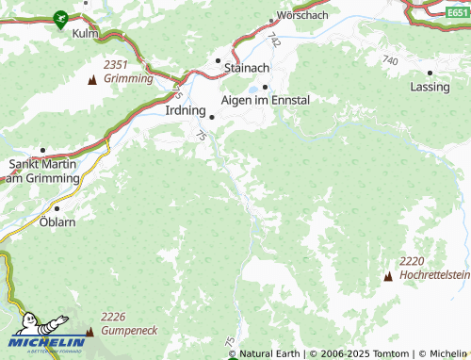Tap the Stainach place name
tap(247, 68)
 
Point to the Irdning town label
tap(185, 110)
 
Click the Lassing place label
tap(430, 86)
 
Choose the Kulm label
tap(85, 32)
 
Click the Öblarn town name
tap(57, 221)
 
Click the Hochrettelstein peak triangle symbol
tap(388, 275)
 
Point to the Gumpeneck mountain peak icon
tap(90, 331)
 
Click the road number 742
tap(273, 40)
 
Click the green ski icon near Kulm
tap(61, 17)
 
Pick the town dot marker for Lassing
tap(430, 72)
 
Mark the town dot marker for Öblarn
tap(57, 207)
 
